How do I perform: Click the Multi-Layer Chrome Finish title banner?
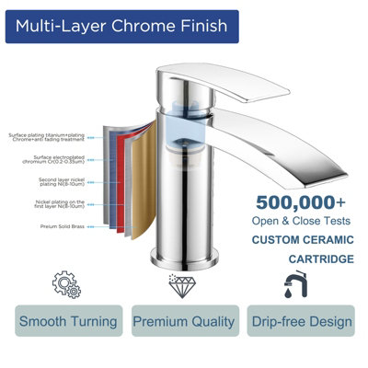point(121,26)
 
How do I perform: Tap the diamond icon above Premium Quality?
point(182,283)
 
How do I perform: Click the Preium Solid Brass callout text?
point(62,226)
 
